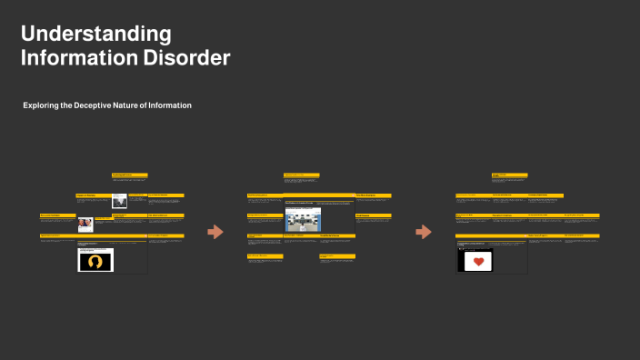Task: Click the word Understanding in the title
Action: point(95,35)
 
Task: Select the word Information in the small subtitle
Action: point(171,105)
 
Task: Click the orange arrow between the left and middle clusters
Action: point(215,232)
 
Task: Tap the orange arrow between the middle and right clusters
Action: point(424,232)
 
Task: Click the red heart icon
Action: point(475,262)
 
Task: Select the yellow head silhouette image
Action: point(95,261)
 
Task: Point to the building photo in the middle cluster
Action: point(303,219)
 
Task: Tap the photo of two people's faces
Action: point(85,224)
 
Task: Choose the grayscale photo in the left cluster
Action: point(119,202)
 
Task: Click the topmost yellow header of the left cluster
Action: point(130,175)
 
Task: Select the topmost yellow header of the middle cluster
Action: point(301,174)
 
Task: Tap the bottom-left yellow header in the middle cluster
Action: point(265,256)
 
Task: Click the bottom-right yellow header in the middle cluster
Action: point(337,256)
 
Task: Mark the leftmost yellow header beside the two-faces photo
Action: point(57,215)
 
